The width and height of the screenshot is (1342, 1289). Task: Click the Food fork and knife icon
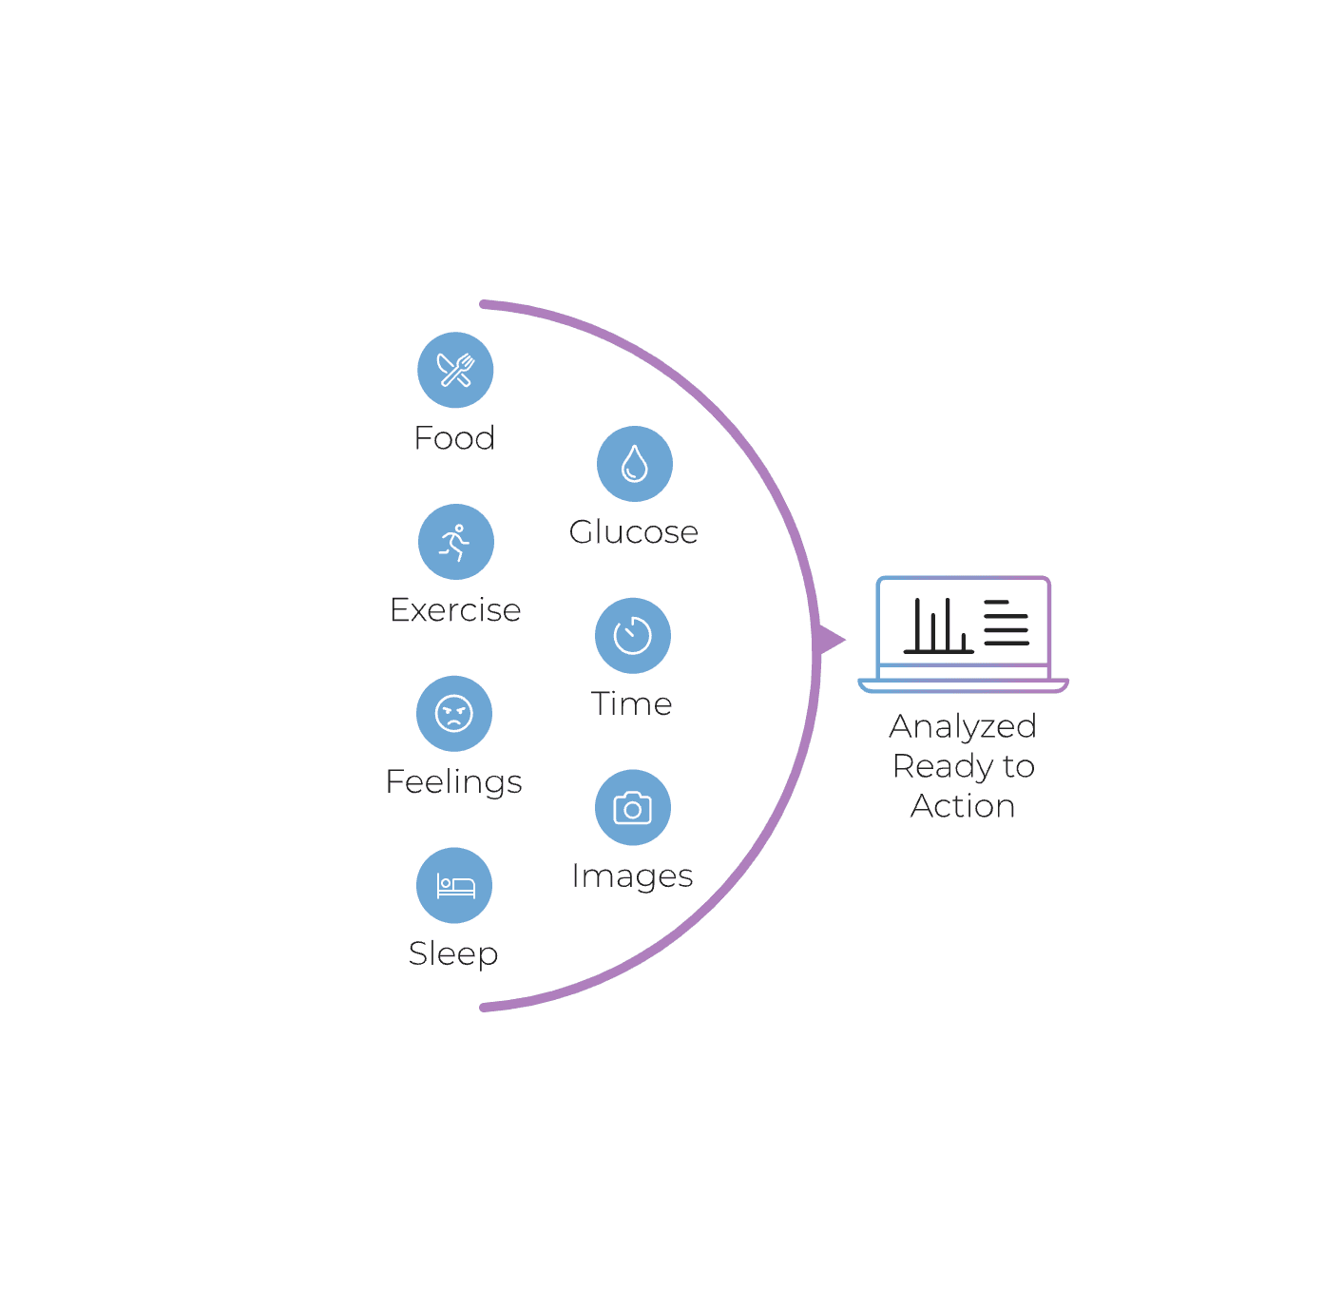pos(455,370)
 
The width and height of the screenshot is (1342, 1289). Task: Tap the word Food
pos(454,438)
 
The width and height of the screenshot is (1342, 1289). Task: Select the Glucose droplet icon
pos(634,464)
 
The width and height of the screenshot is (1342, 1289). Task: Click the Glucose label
pos(633,532)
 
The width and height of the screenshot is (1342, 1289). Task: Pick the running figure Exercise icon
pos(455,542)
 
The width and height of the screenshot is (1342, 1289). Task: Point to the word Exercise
pos(455,610)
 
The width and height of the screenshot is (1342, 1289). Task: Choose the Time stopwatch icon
pos(632,635)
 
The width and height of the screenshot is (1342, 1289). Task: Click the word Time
pos(631,704)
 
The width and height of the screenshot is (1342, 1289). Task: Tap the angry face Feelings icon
pos(454,713)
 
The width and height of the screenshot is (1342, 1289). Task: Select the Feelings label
pos(453,782)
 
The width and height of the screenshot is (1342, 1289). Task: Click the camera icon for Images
pos(632,808)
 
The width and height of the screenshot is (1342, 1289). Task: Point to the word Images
pos(632,876)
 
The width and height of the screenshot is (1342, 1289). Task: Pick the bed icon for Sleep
pos(454,885)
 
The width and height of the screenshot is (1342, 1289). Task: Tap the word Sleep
pos(453,953)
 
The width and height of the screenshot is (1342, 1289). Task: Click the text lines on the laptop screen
pos(1006,623)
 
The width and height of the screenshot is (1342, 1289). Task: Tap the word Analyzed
pos(963,726)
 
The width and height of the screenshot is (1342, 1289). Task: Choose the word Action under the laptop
pos(963,806)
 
